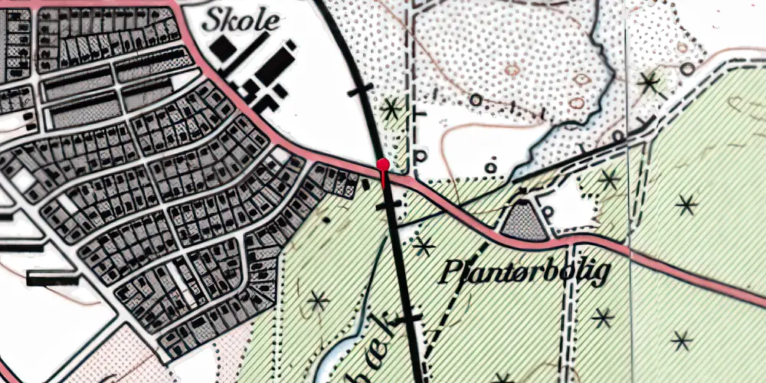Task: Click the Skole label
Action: click(241, 21)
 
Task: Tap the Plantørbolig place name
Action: click(525, 272)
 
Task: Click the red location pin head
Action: click(383, 165)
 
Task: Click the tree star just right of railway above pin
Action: click(391, 109)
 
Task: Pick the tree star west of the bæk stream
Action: click(317, 301)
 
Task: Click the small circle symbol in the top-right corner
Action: click(688, 69)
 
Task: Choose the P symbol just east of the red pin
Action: click(419, 155)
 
